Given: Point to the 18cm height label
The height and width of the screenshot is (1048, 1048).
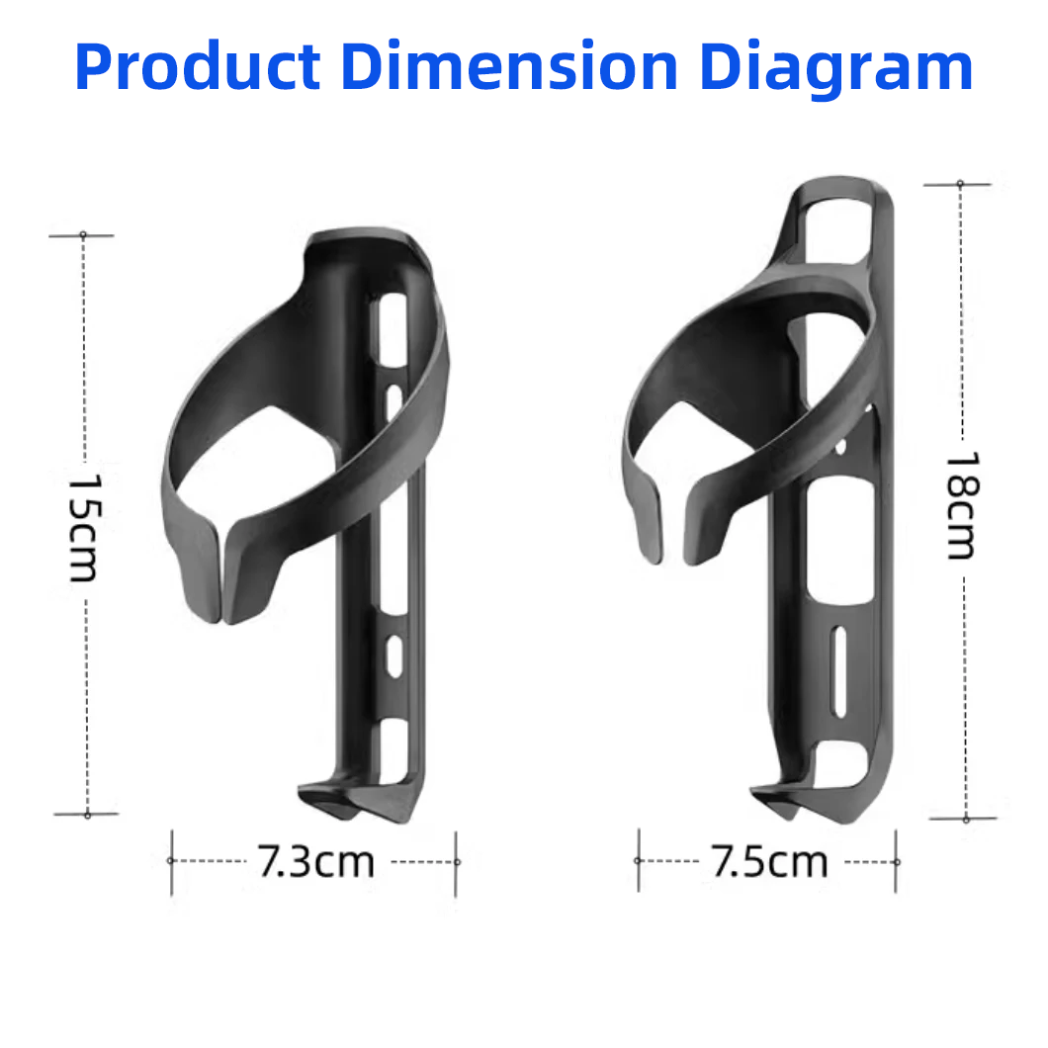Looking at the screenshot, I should (961, 505).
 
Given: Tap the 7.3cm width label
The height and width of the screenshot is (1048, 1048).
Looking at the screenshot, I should (316, 862).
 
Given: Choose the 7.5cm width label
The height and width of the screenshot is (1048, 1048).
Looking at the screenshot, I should (769, 862).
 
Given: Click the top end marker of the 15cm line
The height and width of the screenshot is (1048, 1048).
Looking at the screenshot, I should (83, 235).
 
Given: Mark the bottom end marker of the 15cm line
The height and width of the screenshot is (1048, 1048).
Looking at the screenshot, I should (87, 815).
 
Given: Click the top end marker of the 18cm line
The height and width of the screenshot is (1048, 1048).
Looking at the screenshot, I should (959, 184).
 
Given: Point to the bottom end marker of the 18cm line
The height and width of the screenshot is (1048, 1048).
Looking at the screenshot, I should (965, 819).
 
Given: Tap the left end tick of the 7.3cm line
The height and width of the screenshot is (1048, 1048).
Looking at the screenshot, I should (171, 861).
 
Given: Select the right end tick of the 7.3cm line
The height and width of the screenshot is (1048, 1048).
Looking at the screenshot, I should (456, 861).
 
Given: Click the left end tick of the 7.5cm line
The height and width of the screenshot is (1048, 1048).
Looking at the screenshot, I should (638, 861).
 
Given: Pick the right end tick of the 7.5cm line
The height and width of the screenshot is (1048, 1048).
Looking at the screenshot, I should (897, 861).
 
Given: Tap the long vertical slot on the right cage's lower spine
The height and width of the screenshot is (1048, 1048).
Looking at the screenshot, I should (839, 672).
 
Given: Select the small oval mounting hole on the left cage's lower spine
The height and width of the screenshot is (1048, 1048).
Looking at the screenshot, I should (393, 655).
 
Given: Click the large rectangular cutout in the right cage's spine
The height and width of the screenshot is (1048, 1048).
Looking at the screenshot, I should (840, 539).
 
